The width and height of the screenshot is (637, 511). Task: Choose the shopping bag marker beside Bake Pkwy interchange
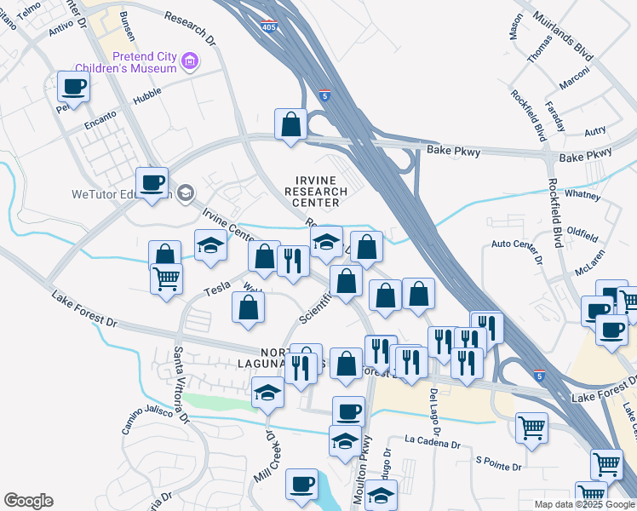(x=290, y=124)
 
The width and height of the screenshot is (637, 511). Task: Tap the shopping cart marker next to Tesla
(x=166, y=278)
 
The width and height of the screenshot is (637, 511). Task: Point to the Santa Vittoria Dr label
(x=181, y=385)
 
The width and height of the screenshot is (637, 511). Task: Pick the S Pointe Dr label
(x=497, y=462)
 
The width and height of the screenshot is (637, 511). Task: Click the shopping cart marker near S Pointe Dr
(x=532, y=428)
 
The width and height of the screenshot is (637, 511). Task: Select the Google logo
(x=28, y=501)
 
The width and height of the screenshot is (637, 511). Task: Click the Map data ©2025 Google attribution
(x=585, y=504)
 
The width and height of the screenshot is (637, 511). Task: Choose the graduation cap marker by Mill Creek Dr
(x=267, y=393)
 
